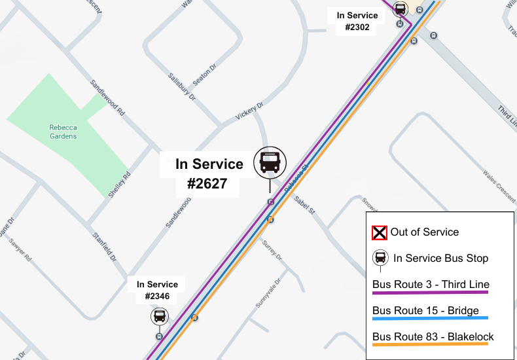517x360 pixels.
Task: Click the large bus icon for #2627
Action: pyautogui.click(x=270, y=162)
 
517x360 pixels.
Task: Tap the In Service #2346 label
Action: pyautogui.click(x=157, y=291)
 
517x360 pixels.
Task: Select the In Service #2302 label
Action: pyautogui.click(x=357, y=22)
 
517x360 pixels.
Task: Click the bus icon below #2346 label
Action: pyautogui.click(x=159, y=317)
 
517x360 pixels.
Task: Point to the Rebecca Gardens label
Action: pyautogui.click(x=63, y=132)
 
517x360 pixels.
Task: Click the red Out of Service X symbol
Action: pyautogui.click(x=380, y=232)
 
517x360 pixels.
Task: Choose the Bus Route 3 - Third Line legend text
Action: pyautogui.click(x=431, y=285)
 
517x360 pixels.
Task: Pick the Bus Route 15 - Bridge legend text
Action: pyautogui.click(x=425, y=311)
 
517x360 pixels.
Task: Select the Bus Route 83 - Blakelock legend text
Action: pyautogui.click(x=433, y=337)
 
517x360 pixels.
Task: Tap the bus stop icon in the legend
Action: pyautogui.click(x=380, y=258)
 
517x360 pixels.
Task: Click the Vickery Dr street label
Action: pyautogui.click(x=249, y=112)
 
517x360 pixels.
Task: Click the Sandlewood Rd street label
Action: pyautogui.click(x=107, y=99)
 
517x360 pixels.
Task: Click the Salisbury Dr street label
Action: pyautogui.click(x=182, y=86)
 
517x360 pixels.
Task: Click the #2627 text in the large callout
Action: pyautogui.click(x=207, y=184)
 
